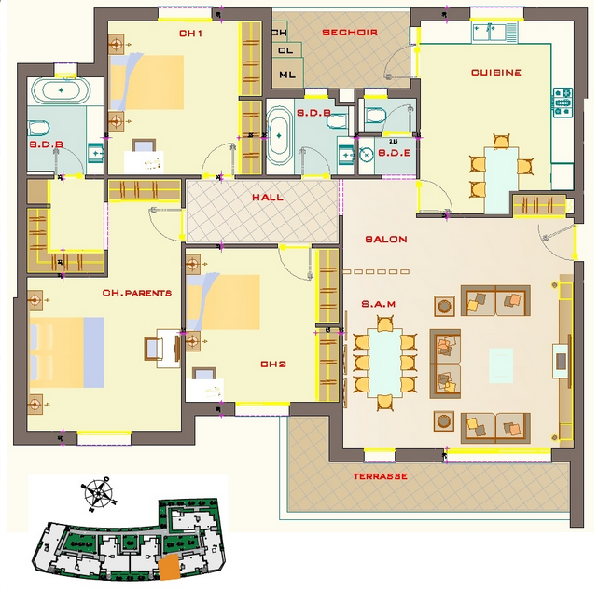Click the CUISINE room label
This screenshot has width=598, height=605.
tap(496, 72)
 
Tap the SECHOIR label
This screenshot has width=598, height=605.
tap(350, 33)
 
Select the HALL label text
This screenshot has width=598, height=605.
tap(268, 198)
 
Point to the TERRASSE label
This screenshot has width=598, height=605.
tap(381, 476)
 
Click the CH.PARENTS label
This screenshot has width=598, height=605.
tap(137, 293)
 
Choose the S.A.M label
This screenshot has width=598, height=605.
tap(379, 304)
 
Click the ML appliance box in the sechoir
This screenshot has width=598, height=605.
tap(287, 74)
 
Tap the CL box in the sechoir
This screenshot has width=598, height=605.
tap(286, 50)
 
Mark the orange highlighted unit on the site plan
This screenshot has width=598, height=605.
tap(170, 567)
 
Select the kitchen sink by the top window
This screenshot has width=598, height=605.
tap(490, 32)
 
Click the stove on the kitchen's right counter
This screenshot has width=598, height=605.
tap(563, 103)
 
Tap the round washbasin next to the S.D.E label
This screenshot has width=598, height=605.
tap(366, 155)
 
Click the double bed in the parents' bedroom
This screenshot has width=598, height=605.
tap(67, 352)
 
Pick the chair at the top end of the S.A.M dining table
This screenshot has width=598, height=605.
tap(385, 323)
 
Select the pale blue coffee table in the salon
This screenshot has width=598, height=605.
tap(501, 365)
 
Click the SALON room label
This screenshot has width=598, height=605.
tap(386, 240)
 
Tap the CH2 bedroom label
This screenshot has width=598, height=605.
tap(273, 364)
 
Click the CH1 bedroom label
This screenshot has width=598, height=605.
tap(190, 34)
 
